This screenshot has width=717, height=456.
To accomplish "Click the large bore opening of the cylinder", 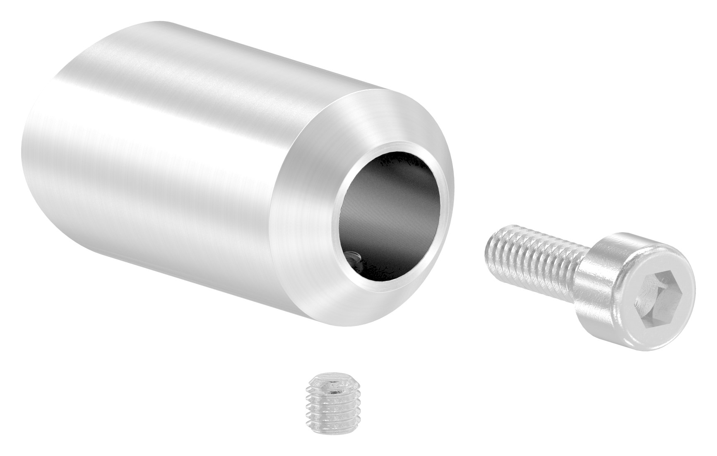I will click(389, 215).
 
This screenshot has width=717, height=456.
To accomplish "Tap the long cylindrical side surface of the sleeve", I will click(166, 124).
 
